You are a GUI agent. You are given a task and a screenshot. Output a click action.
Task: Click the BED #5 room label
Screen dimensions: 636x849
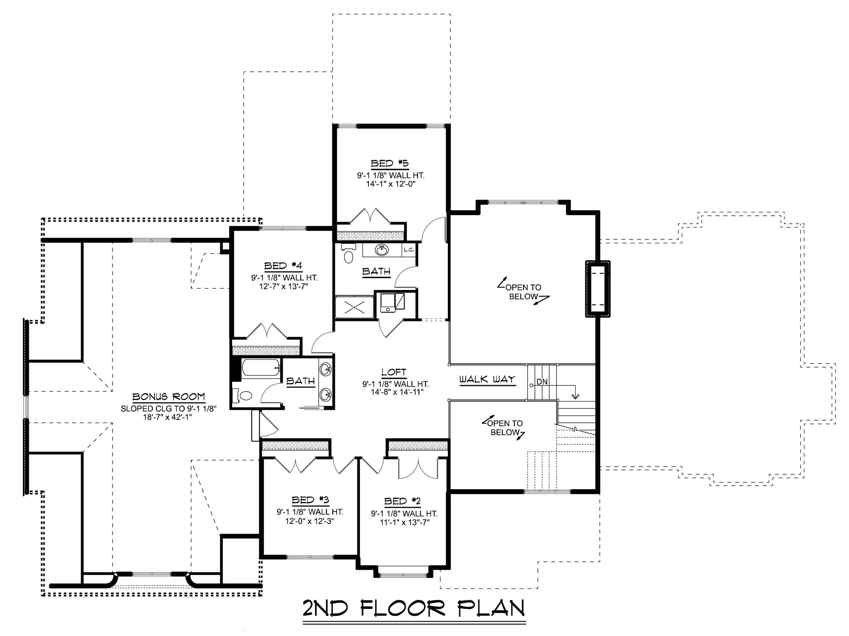click(x=389, y=163)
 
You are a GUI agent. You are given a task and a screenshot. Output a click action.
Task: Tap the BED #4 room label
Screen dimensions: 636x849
click(x=283, y=266)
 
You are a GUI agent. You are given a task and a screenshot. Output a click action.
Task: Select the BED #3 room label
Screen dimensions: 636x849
click(x=310, y=500)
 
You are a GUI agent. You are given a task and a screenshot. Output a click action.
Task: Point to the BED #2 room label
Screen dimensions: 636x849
click(x=402, y=502)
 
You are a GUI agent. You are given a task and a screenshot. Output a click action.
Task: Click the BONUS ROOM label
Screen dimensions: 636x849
click(x=169, y=397)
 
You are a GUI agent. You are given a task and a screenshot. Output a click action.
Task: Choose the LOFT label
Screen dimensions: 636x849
click(x=394, y=372)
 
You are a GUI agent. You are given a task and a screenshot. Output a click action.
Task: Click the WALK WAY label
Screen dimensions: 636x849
click(x=487, y=379)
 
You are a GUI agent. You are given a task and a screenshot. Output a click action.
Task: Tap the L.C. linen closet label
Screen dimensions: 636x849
click(x=409, y=250)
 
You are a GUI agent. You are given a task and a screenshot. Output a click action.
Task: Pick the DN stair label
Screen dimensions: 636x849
click(x=542, y=382)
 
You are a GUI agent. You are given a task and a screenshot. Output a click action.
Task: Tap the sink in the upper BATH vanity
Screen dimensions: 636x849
click(x=382, y=250)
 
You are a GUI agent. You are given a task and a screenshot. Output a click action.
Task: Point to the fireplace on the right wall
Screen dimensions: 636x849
click(x=598, y=289)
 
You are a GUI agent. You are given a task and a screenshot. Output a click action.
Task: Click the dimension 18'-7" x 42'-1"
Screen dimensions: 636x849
click(x=169, y=417)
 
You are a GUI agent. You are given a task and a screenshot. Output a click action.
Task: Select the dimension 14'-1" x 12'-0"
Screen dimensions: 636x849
click(x=390, y=184)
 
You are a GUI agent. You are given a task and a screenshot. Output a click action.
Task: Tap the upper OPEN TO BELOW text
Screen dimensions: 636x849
click(x=523, y=292)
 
